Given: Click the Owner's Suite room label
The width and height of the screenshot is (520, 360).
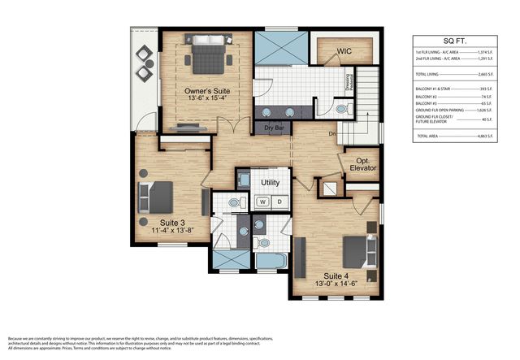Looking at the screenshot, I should click(206, 92).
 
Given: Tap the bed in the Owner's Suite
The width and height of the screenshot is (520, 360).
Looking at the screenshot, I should click(206, 55).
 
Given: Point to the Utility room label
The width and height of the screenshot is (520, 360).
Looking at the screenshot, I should click(270, 182).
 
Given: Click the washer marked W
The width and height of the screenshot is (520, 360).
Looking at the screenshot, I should click(262, 202).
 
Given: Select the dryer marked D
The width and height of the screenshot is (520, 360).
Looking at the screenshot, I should click(279, 202).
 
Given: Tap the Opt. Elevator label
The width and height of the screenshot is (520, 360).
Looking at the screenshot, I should click(360, 164).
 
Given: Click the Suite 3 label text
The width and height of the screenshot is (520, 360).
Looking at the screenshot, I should click(171, 222).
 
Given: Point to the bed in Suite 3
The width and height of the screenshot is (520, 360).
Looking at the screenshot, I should click(156, 197).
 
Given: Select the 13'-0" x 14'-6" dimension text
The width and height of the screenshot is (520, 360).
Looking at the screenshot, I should click(340, 284).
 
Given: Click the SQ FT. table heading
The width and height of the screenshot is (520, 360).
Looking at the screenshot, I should click(460, 41).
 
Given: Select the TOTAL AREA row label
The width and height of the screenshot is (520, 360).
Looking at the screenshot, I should click(428, 136).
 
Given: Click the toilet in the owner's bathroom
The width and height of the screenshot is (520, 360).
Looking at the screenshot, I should click(340, 108).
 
